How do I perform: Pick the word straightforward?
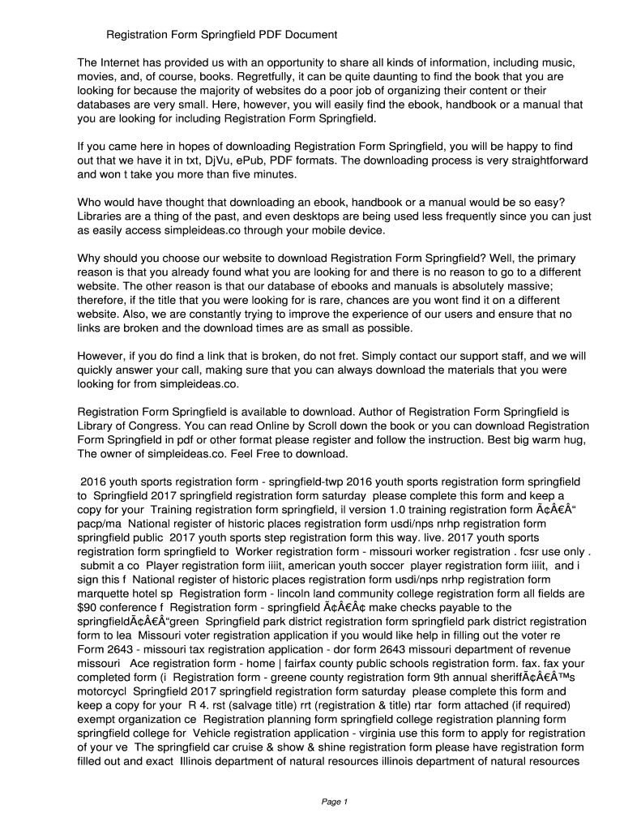pos(542,160)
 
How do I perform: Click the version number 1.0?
pos(410,509)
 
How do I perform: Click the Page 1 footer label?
pos(335,802)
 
